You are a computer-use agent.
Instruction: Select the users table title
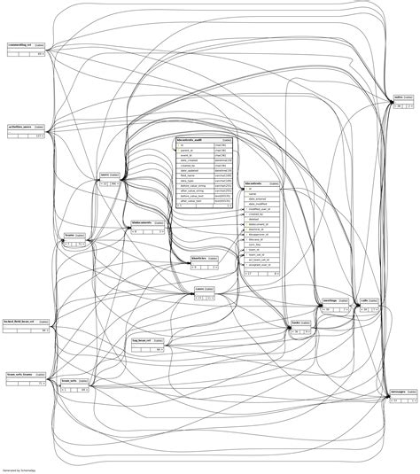click(x=110, y=175)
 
